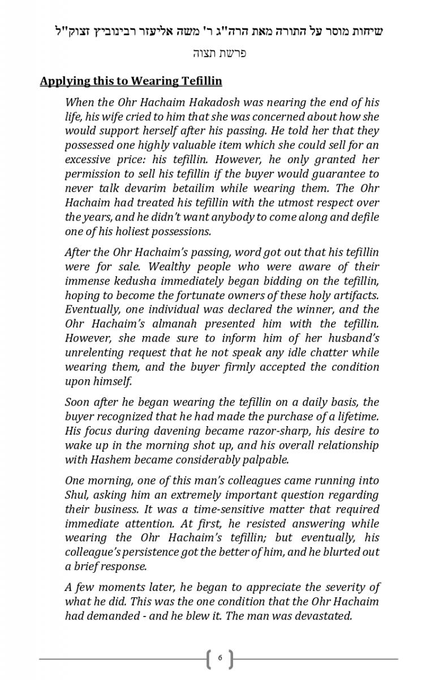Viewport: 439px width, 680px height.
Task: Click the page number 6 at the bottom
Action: pos(220,658)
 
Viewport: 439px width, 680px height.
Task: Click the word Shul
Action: pos(76,495)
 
